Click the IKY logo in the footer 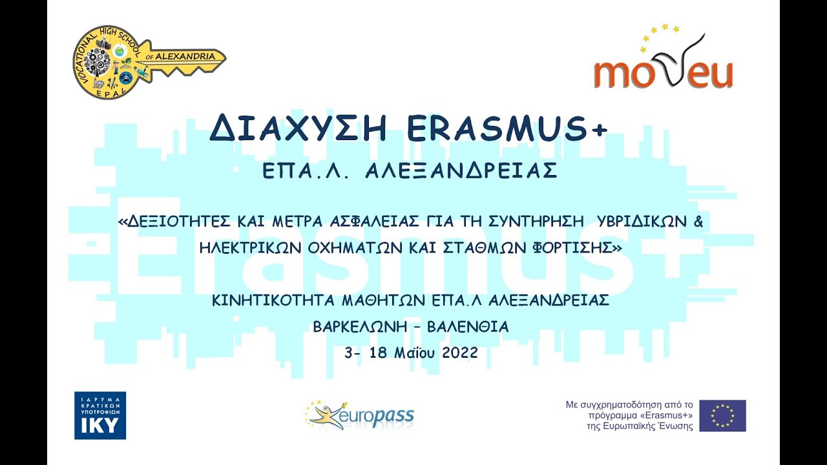tap(100, 415)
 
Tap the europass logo tap(360, 415)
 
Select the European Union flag tap(722, 415)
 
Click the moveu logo tap(664, 61)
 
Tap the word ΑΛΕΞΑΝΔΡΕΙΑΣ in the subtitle tap(461, 170)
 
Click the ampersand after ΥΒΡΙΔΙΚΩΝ tap(697, 222)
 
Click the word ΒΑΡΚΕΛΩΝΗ tap(360, 327)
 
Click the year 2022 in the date tap(460, 353)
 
